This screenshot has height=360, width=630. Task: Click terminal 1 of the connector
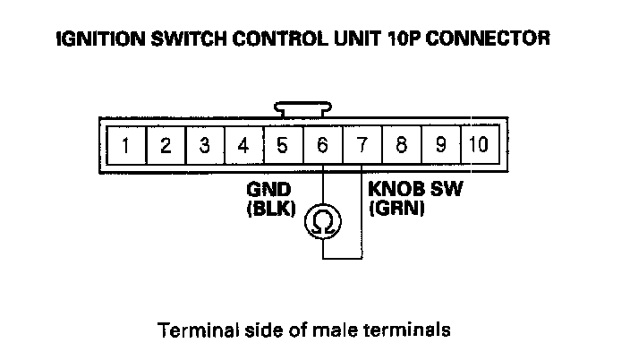pos(127,144)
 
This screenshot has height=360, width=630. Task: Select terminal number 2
pos(166,144)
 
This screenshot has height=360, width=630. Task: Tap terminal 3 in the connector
pos(205,144)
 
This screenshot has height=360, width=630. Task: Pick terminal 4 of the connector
pos(243,144)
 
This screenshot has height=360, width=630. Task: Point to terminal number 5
pos(283,144)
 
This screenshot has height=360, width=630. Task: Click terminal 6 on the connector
pos(322,144)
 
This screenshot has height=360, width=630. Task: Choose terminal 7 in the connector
pos(362,144)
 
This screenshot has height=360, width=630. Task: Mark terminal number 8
pos(401,144)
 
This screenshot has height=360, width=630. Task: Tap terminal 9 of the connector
pos(440,144)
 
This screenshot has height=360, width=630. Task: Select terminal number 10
pos(478,144)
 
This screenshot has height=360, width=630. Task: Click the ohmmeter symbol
pos(322,221)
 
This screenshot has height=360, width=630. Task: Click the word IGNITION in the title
pos(97,39)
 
